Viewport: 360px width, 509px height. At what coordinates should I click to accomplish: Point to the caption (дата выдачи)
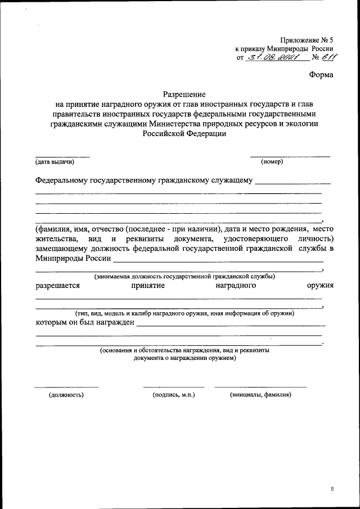tap(55, 162)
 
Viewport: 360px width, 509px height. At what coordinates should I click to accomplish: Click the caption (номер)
tap(272, 162)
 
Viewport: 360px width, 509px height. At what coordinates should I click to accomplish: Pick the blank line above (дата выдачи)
tap(62, 156)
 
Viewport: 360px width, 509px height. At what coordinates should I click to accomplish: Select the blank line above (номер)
tap(290, 156)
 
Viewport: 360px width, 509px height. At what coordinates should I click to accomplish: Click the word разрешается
tap(57, 285)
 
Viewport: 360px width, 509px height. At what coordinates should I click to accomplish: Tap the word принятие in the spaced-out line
tap(148, 285)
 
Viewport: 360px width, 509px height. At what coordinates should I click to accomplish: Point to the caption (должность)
tap(66, 395)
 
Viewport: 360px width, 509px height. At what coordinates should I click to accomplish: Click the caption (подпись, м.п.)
tap(174, 395)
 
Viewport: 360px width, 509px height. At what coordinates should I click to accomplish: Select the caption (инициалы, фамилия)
tap(260, 395)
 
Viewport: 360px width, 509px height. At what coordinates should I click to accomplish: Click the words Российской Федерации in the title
tap(184, 134)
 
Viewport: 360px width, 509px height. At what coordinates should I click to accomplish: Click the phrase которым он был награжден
tap(84, 322)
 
